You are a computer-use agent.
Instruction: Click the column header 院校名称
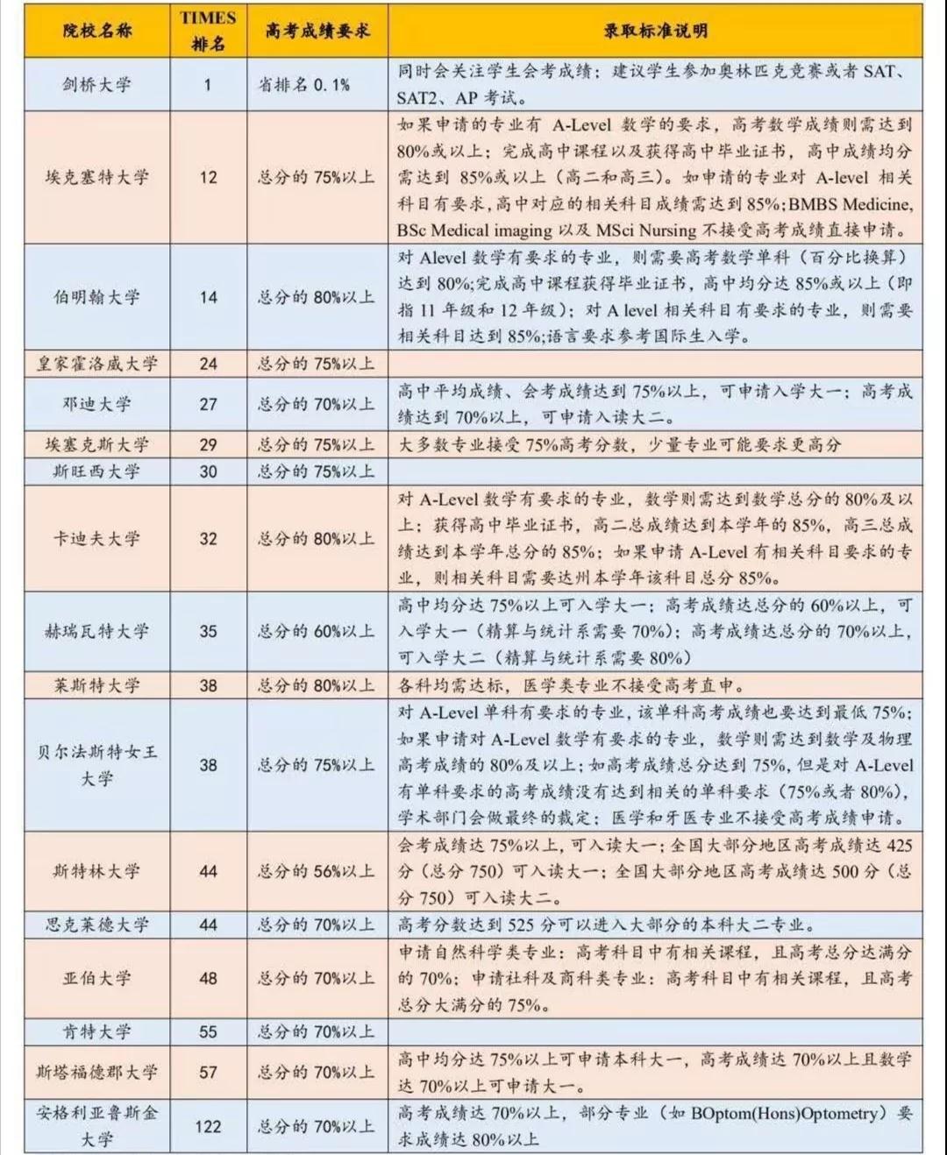pyautogui.click(x=96, y=32)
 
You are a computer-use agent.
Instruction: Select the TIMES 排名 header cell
pyautogui.click(x=208, y=31)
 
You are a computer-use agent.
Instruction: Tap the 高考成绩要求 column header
pyautogui.click(x=317, y=32)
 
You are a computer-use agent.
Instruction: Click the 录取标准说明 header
pyautogui.click(x=655, y=32)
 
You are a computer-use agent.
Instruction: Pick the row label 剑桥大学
pyautogui.click(x=96, y=85)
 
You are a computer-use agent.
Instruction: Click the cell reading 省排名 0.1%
pyautogui.click(x=303, y=85)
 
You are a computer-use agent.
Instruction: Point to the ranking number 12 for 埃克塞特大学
pyautogui.click(x=208, y=177)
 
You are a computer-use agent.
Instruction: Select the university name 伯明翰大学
pyautogui.click(x=96, y=297)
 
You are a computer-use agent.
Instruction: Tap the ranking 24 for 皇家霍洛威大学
pyautogui.click(x=208, y=364)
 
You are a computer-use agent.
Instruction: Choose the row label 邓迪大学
pyautogui.click(x=96, y=404)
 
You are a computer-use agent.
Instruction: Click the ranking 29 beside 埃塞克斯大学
pyautogui.click(x=208, y=444)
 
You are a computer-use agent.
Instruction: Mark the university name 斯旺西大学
pyautogui.click(x=96, y=471)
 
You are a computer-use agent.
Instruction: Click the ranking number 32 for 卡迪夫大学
pyautogui.click(x=208, y=539)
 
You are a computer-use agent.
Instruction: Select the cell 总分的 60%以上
pyautogui.click(x=316, y=631)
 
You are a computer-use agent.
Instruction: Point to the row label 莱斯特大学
pyautogui.click(x=96, y=685)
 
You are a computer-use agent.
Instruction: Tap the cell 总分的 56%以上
pyautogui.click(x=316, y=871)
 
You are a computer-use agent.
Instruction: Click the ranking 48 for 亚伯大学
pyautogui.click(x=208, y=978)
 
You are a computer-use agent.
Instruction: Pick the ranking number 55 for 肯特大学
pyautogui.click(x=208, y=1031)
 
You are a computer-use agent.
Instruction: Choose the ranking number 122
pyautogui.click(x=208, y=1126)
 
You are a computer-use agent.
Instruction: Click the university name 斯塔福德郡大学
pyautogui.click(x=96, y=1072)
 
